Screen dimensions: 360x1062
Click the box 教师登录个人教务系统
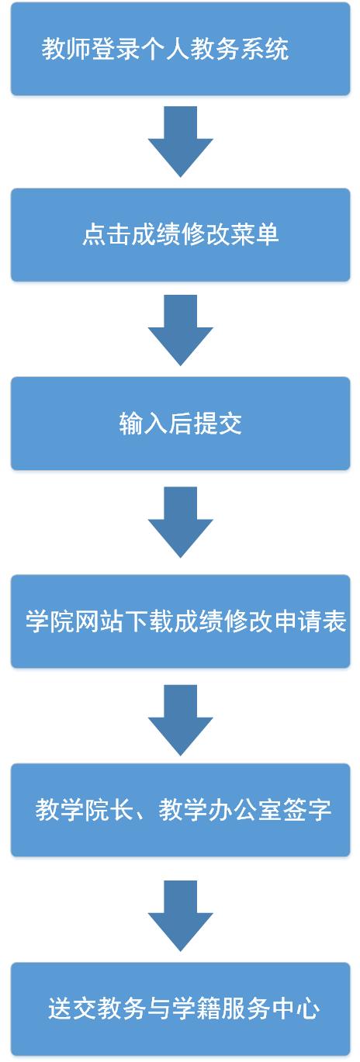[180, 49]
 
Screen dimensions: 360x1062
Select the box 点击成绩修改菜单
[180, 235]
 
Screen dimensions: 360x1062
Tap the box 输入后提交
[180, 424]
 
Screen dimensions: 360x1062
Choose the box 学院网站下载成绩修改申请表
[180, 621]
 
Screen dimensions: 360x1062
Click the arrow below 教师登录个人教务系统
[180, 141]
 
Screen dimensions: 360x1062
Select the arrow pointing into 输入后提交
[180, 330]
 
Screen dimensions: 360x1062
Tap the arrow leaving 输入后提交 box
[180, 522]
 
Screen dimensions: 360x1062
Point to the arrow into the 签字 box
[180, 720]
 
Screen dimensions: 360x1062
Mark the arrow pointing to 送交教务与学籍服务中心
[180, 916]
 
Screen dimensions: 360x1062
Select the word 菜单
[254, 235]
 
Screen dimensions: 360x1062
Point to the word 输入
[143, 424]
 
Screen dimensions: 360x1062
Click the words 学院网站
[74, 621]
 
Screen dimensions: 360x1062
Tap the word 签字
[307, 810]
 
